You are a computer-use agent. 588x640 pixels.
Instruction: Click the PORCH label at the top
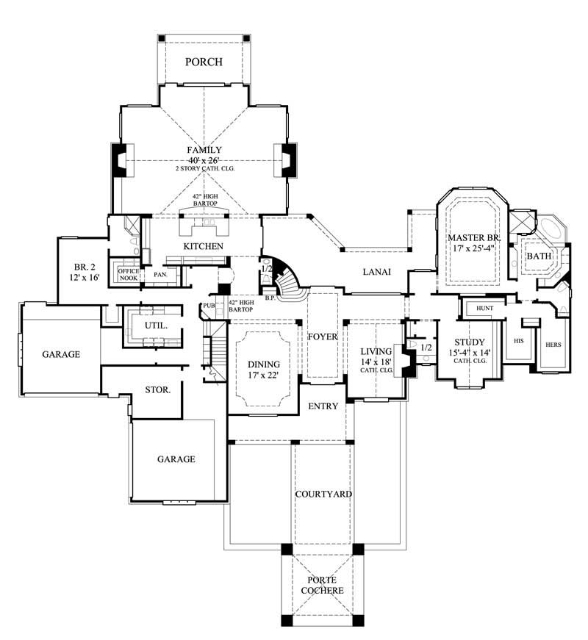click(x=204, y=62)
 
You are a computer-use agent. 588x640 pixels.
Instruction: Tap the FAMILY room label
click(x=204, y=150)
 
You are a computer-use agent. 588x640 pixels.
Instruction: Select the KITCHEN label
click(x=204, y=245)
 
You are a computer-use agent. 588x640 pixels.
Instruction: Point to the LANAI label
click(x=376, y=272)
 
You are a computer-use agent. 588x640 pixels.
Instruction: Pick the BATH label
click(x=539, y=256)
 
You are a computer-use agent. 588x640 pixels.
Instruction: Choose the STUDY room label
click(x=468, y=342)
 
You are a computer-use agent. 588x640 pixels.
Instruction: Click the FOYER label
click(x=323, y=337)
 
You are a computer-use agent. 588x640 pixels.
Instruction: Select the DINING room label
click(x=263, y=364)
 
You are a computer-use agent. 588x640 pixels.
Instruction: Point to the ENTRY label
click(x=323, y=406)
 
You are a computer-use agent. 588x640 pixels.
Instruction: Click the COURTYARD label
click(x=323, y=494)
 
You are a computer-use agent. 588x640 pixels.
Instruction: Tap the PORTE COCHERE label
click(x=323, y=584)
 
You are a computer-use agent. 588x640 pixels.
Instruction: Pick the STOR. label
click(x=158, y=389)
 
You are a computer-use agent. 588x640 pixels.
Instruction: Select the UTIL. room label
click(x=156, y=324)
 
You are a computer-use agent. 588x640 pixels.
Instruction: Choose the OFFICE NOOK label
click(x=129, y=275)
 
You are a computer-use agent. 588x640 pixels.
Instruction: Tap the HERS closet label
click(x=553, y=345)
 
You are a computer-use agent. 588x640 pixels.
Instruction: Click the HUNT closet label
click(x=485, y=308)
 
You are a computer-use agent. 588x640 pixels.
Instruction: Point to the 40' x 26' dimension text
click(x=204, y=160)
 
